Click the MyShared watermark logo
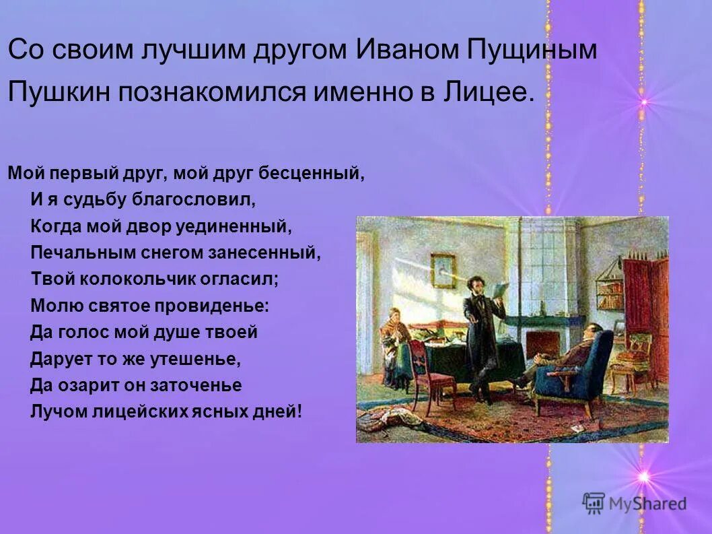(635, 503)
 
